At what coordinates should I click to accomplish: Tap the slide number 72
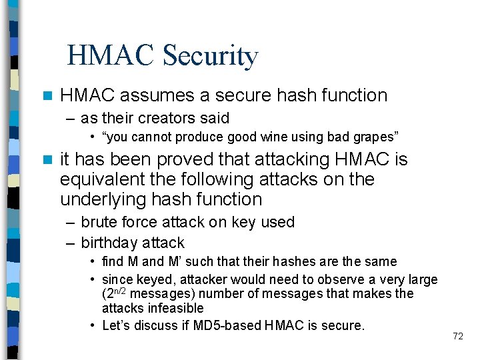(457, 336)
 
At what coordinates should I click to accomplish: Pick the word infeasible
(171, 308)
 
